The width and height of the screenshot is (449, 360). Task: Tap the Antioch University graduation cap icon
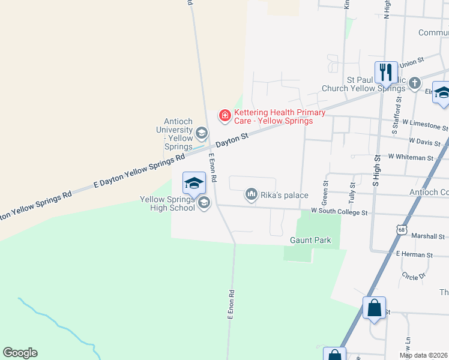click(x=202, y=133)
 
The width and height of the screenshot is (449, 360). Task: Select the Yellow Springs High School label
click(x=167, y=203)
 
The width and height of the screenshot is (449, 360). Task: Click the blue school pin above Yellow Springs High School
click(x=194, y=183)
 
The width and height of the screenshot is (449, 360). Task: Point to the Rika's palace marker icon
click(x=251, y=194)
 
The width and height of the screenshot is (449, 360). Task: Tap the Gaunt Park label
click(x=310, y=240)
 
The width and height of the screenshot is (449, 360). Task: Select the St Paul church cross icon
click(x=415, y=84)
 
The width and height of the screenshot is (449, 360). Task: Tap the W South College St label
click(x=338, y=212)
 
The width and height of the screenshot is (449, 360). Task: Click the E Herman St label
click(x=414, y=255)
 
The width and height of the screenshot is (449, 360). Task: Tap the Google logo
click(x=20, y=353)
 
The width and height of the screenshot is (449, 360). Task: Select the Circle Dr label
click(x=414, y=276)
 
